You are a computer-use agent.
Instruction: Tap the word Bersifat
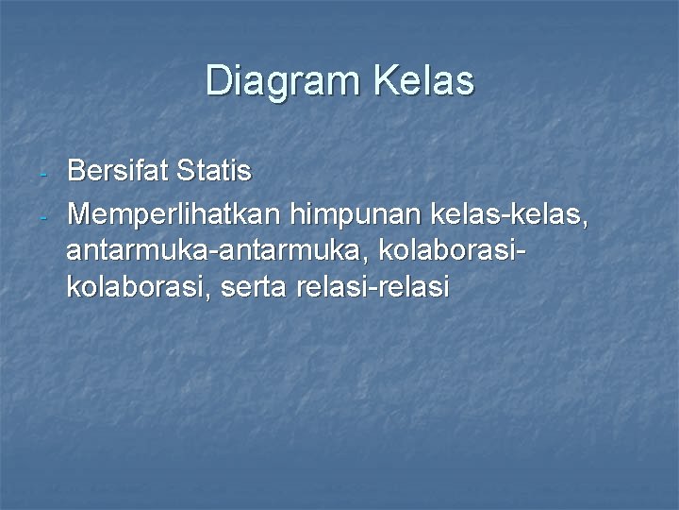[x=117, y=171]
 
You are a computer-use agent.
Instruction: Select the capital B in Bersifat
[x=76, y=171]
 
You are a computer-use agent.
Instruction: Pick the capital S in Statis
[x=187, y=171]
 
